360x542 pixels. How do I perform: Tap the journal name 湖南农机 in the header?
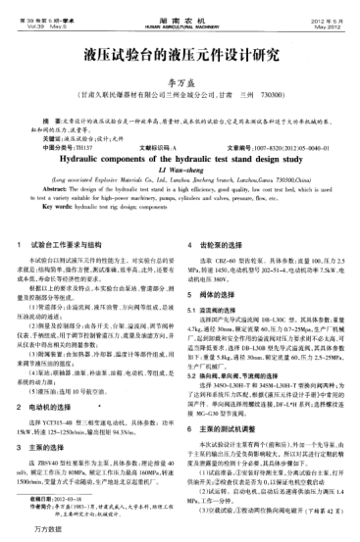coord(179,8)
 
